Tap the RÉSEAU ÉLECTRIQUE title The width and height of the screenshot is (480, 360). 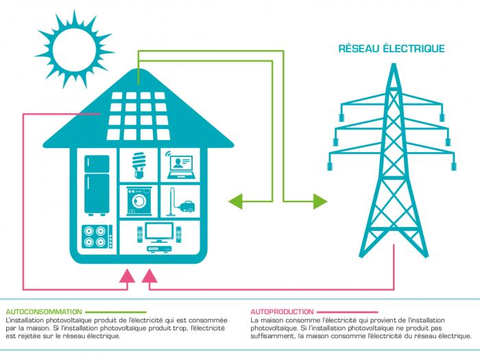click(x=392, y=49)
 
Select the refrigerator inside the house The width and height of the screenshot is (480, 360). click(x=97, y=184)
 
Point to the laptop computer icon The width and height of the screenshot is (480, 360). click(x=178, y=164)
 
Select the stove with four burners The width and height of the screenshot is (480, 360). click(x=97, y=236)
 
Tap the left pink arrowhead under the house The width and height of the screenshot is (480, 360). click(x=126, y=276)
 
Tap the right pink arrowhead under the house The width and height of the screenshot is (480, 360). click(x=148, y=276)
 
